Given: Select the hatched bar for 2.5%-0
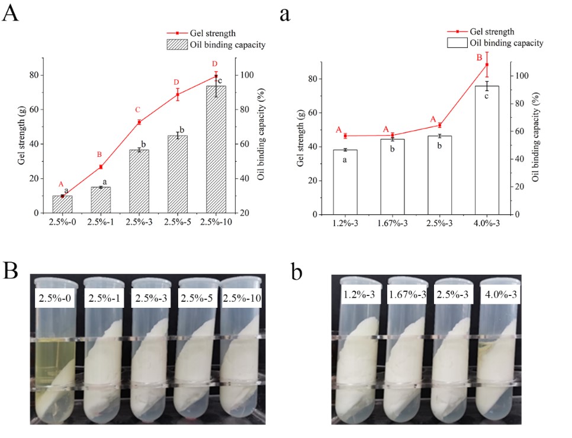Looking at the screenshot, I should click(62, 204).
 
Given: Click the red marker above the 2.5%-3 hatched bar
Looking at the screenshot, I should click(139, 122).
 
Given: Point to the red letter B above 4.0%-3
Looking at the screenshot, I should click(480, 58).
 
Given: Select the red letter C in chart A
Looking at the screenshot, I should click(137, 109).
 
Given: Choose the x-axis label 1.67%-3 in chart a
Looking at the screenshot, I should click(391, 224).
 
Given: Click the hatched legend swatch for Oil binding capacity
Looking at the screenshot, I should click(176, 44).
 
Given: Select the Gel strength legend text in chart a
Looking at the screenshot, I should click(491, 31).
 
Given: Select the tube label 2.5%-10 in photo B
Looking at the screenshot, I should click(242, 298).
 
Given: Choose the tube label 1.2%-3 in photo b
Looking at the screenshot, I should click(359, 295).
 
